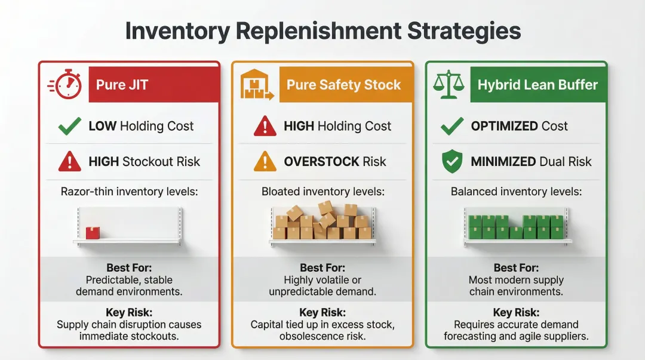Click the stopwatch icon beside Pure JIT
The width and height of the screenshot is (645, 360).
pyautogui.click(x=65, y=84)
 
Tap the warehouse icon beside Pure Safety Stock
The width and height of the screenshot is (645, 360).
pyautogui.click(x=256, y=85)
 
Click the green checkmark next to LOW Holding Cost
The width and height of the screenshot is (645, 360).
pyautogui.click(x=70, y=126)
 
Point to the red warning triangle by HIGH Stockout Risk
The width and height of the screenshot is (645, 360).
pyautogui.click(x=70, y=161)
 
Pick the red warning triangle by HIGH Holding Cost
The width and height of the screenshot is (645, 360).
pyautogui.click(x=265, y=126)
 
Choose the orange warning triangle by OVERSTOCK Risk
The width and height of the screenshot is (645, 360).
pyautogui.click(x=265, y=161)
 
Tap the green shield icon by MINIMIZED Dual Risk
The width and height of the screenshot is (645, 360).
pyautogui.click(x=451, y=161)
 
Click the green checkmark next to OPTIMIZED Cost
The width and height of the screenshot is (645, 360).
pyautogui.click(x=451, y=126)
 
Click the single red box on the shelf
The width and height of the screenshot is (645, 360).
pyautogui.click(x=93, y=233)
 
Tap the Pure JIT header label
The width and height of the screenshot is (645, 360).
pyautogui.click(x=122, y=84)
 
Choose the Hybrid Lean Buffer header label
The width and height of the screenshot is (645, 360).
pyautogui.click(x=537, y=85)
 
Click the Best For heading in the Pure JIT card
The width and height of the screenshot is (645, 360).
pyautogui.click(x=129, y=268)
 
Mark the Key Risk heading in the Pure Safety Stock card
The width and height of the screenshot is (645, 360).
pyautogui.click(x=323, y=313)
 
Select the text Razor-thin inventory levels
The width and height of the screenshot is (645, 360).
pyautogui.click(x=130, y=192)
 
